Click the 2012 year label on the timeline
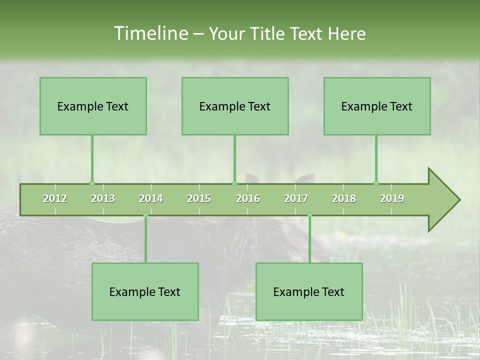(x=55, y=198)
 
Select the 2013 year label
(x=103, y=198)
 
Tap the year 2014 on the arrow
(x=151, y=198)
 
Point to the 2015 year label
(x=199, y=198)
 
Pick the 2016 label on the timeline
(x=248, y=198)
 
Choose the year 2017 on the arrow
(x=296, y=198)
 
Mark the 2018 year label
(x=344, y=198)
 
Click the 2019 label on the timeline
(x=392, y=198)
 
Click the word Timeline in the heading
(x=150, y=33)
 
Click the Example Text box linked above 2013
(x=93, y=106)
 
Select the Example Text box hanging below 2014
(x=145, y=291)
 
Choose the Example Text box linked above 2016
(x=235, y=106)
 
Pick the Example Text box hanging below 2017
(x=309, y=291)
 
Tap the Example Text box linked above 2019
(x=377, y=106)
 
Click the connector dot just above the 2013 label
(x=92, y=183)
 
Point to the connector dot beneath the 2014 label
(x=145, y=215)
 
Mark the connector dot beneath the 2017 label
(x=309, y=215)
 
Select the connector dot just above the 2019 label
(x=376, y=183)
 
